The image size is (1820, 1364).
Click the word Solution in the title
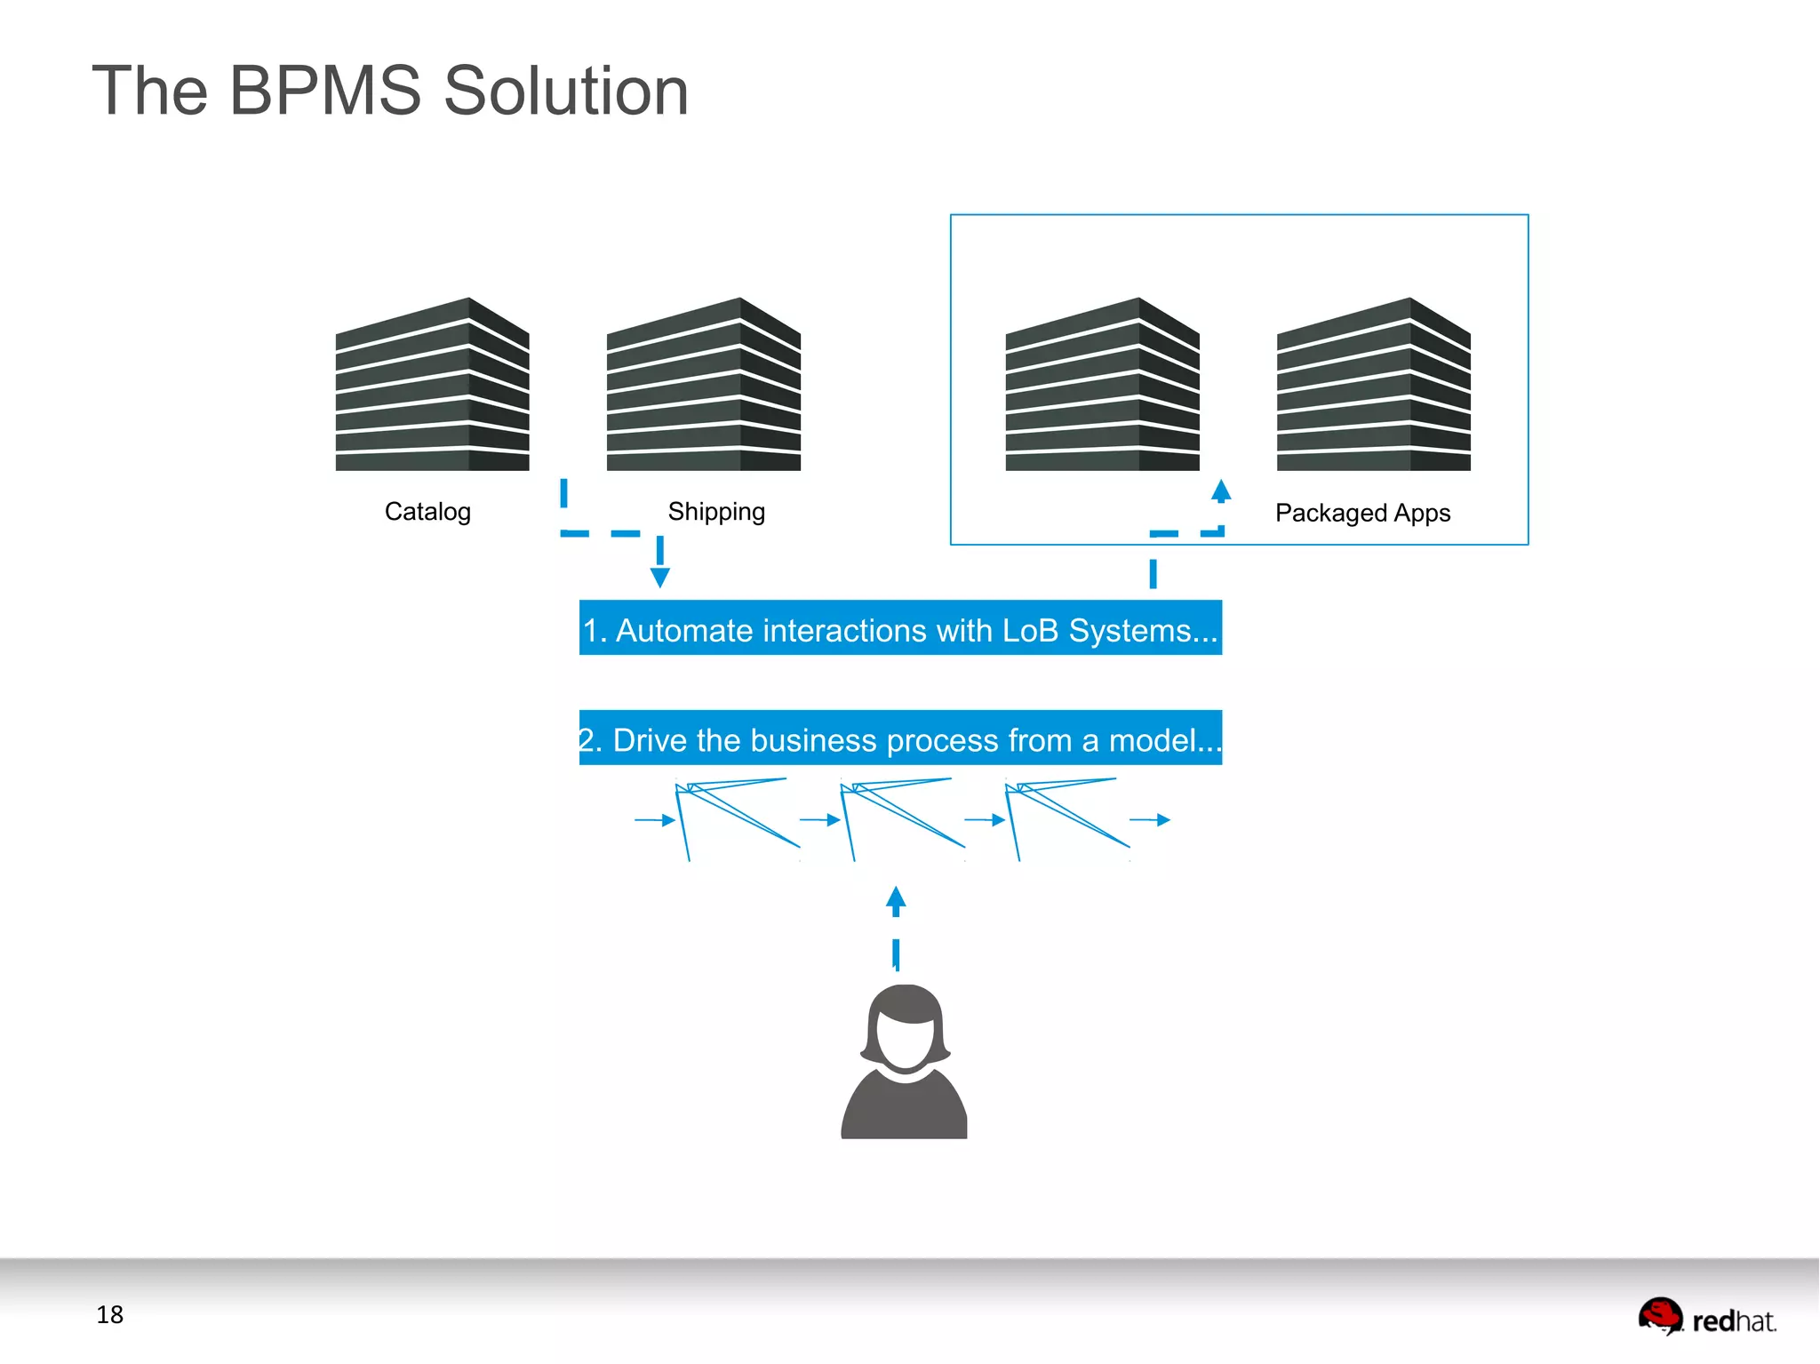[566, 91]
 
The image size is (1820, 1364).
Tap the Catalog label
[427, 512]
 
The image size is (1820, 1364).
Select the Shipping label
[716, 512]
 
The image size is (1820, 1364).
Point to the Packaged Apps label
[1362, 513]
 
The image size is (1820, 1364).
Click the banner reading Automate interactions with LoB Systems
[900, 628]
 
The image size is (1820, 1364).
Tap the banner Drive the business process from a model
[900, 738]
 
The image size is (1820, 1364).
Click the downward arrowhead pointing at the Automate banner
[659, 578]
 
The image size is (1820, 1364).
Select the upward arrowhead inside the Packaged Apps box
[1221, 490]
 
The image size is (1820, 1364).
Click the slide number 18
[109, 1314]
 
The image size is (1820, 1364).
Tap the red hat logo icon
[1660, 1315]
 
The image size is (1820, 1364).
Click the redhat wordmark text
[1733, 1321]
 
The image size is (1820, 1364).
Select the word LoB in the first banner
[1030, 630]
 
